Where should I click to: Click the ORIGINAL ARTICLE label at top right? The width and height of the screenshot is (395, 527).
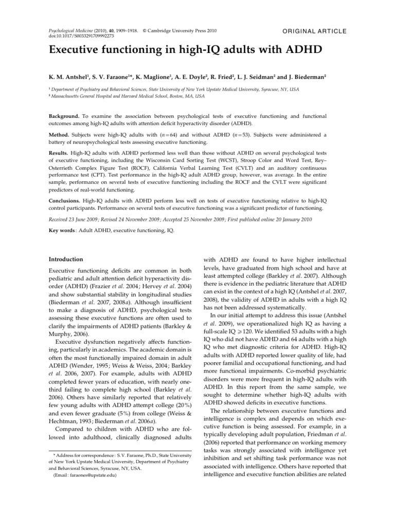point(315,31)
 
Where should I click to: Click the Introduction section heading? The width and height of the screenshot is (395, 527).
point(67,259)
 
